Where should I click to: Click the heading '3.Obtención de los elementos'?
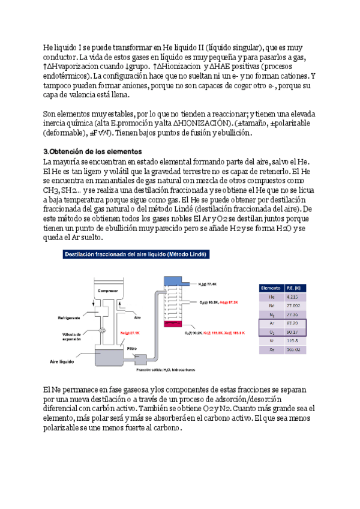pos(92,151)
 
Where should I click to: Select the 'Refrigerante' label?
pos(70,319)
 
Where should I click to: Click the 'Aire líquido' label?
pos(64,361)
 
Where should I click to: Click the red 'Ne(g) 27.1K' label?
pos(130,332)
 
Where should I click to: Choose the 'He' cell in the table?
pos(272,297)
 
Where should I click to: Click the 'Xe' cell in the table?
pos(272,349)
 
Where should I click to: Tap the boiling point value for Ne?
pos(293,306)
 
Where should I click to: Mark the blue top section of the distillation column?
pos(175,281)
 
